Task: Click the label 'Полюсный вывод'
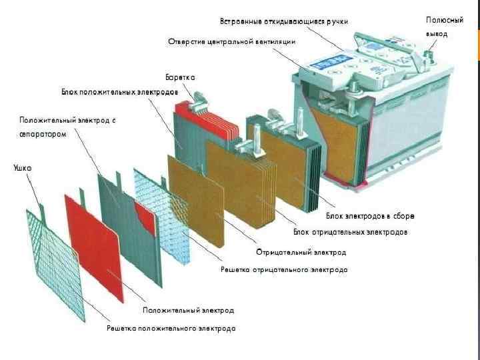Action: [x=444, y=26]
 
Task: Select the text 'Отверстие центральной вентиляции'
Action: [x=231, y=42]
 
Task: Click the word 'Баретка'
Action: [x=180, y=77]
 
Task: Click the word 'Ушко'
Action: [x=23, y=167]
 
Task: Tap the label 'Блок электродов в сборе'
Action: [x=370, y=216]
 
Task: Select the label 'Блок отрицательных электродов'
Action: [x=351, y=232]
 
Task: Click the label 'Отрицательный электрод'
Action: [x=301, y=253]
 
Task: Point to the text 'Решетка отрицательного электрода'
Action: [x=284, y=269]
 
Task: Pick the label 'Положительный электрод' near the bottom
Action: [x=188, y=310]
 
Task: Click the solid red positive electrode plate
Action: [x=93, y=247]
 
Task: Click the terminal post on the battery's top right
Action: [x=429, y=48]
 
